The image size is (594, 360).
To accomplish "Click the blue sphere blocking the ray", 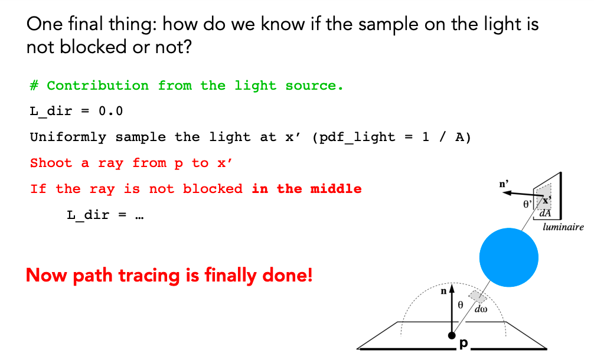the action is click(509, 257).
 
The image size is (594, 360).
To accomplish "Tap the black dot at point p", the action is click(452, 335).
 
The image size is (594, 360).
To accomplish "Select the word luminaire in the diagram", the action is click(563, 227).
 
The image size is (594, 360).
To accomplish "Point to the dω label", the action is click(481, 309).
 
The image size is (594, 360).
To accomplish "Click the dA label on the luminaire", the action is click(545, 213).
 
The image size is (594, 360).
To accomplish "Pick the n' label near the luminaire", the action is click(504, 184).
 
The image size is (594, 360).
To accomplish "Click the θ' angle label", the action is click(527, 204).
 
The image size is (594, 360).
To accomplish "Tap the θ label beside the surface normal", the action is click(461, 305).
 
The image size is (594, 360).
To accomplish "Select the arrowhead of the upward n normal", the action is click(452, 289).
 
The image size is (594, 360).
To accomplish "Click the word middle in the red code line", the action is click(336, 188).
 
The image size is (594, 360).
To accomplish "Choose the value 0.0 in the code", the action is click(110, 111).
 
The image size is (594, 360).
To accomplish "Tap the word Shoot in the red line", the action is click(51, 163).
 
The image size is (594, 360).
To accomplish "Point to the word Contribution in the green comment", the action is click(98, 85).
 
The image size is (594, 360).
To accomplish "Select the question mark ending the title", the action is click(187, 47).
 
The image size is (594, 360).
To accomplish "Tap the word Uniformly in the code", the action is click(68, 137).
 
